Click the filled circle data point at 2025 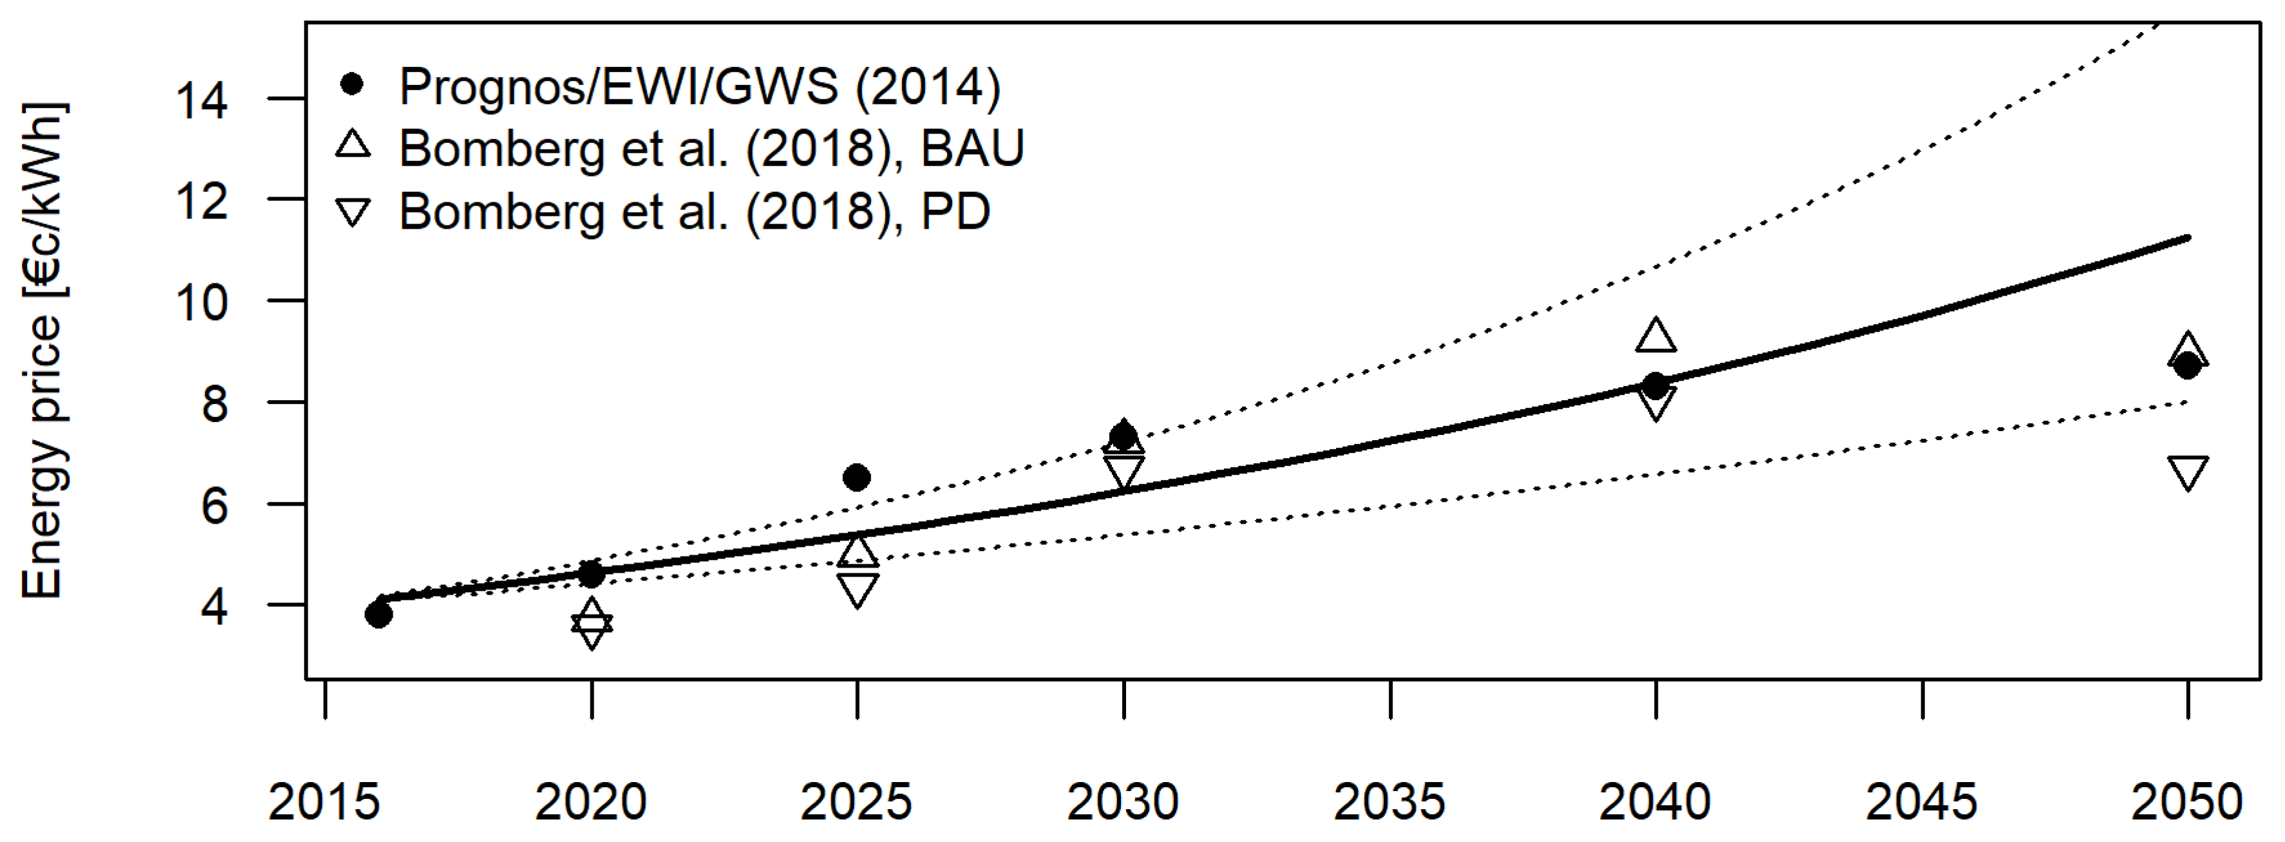pos(856,477)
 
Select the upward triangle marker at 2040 pos(1655,336)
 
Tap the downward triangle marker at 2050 pos(2187,473)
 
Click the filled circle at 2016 pos(379,614)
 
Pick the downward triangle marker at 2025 pos(857,589)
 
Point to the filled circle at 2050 pos(2187,365)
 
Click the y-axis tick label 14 pos(202,100)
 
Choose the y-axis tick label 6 pos(216,505)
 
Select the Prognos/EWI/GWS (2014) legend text pos(699,86)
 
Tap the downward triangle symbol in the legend pos(353,212)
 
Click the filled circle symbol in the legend pos(353,84)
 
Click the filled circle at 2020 pos(592,574)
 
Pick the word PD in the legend pos(955,211)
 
